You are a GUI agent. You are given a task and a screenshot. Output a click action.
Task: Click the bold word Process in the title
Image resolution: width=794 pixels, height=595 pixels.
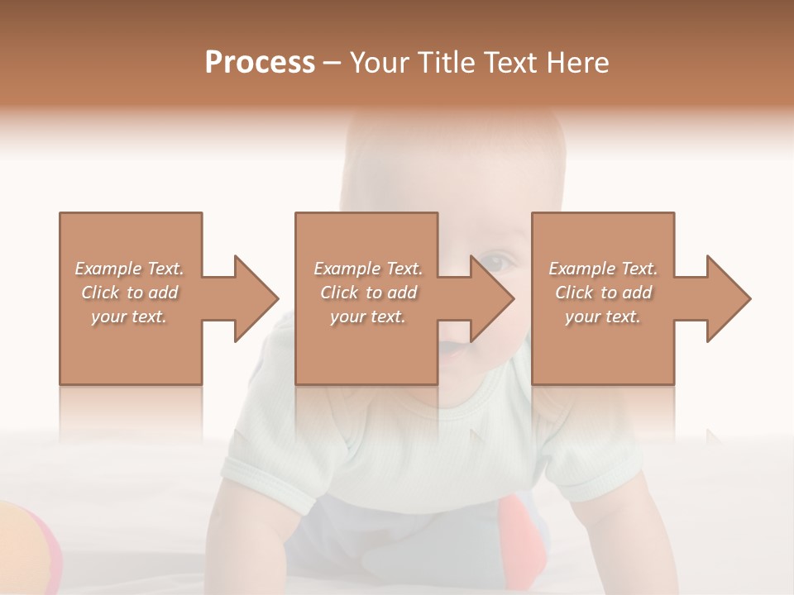[x=260, y=64]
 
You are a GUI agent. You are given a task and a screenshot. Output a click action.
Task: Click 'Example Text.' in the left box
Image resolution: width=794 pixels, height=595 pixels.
[x=129, y=269]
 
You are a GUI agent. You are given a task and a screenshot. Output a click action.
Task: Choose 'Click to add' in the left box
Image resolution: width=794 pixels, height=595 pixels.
[x=129, y=293]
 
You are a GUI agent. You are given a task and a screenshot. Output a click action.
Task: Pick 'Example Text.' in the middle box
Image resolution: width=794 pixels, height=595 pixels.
[x=367, y=269]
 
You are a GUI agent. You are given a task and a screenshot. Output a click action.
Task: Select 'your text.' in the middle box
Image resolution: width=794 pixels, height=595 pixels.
[x=367, y=317]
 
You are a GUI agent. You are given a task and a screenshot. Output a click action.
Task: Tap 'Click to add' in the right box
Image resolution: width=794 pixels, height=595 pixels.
[x=603, y=293]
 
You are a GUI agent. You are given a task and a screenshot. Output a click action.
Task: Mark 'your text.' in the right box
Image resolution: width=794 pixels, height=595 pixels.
[x=603, y=317]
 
